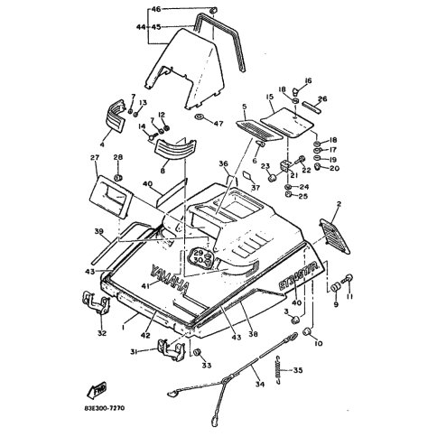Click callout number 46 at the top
point(155,8)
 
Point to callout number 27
point(93,160)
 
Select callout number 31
point(134,352)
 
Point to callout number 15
point(268,97)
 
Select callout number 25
point(303,196)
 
